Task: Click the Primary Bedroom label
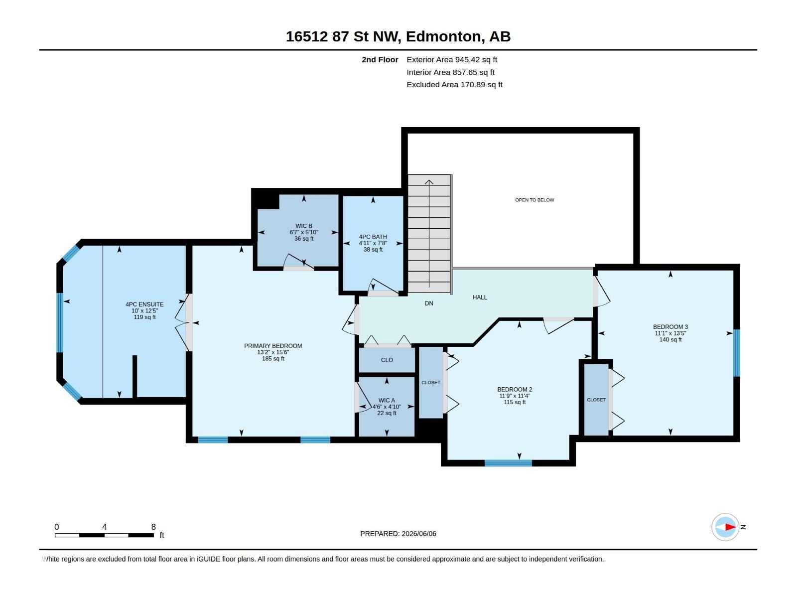272,346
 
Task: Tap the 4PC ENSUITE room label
144,304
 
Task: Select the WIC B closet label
303,226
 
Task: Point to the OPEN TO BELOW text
534,200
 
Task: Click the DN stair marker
429,303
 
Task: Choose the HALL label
480,298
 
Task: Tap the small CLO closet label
387,360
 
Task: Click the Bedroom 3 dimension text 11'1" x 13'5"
670,333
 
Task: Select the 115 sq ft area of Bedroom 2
515,402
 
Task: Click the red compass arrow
730,527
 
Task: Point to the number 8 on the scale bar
153,527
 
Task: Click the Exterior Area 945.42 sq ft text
452,59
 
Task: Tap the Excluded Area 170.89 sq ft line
454,85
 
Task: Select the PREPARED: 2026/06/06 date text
398,534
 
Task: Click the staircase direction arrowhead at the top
429,182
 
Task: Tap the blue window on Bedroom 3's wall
737,353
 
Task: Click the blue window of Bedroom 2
508,463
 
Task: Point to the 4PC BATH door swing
383,286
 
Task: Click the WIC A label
387,400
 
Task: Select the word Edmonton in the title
444,37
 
